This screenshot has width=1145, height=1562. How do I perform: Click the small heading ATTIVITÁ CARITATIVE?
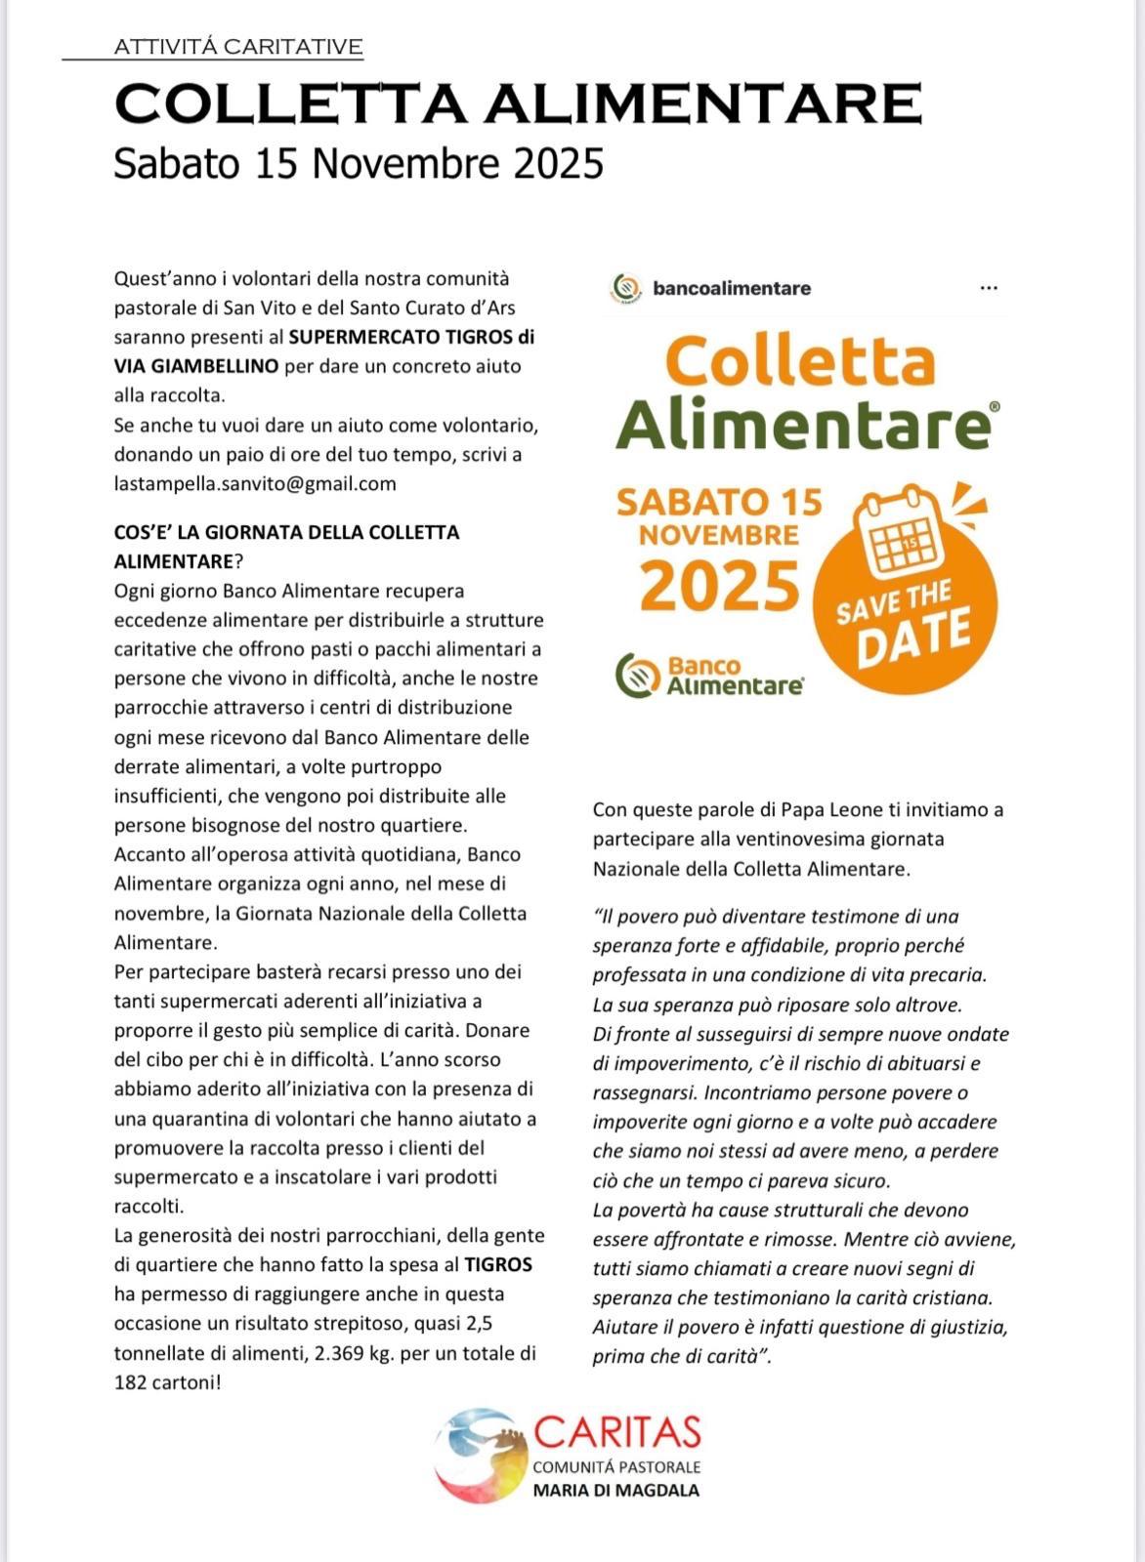pyautogui.click(x=238, y=47)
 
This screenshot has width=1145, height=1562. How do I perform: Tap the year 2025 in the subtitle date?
pyautogui.click(x=558, y=164)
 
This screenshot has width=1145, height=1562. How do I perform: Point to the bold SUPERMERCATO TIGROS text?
pyautogui.click(x=411, y=337)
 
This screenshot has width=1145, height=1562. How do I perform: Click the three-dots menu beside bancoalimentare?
pyautogui.click(x=988, y=288)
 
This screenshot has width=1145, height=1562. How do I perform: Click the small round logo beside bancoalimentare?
pyautogui.click(x=624, y=288)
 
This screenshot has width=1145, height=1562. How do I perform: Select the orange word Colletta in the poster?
pyautogui.click(x=801, y=361)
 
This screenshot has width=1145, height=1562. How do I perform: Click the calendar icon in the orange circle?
pyautogui.click(x=896, y=532)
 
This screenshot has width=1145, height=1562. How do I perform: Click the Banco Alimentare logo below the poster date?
pyautogui.click(x=710, y=676)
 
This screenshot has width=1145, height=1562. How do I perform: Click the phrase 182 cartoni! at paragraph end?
pyautogui.click(x=168, y=1382)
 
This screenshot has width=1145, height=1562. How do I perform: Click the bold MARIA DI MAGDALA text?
pyautogui.click(x=615, y=1491)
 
